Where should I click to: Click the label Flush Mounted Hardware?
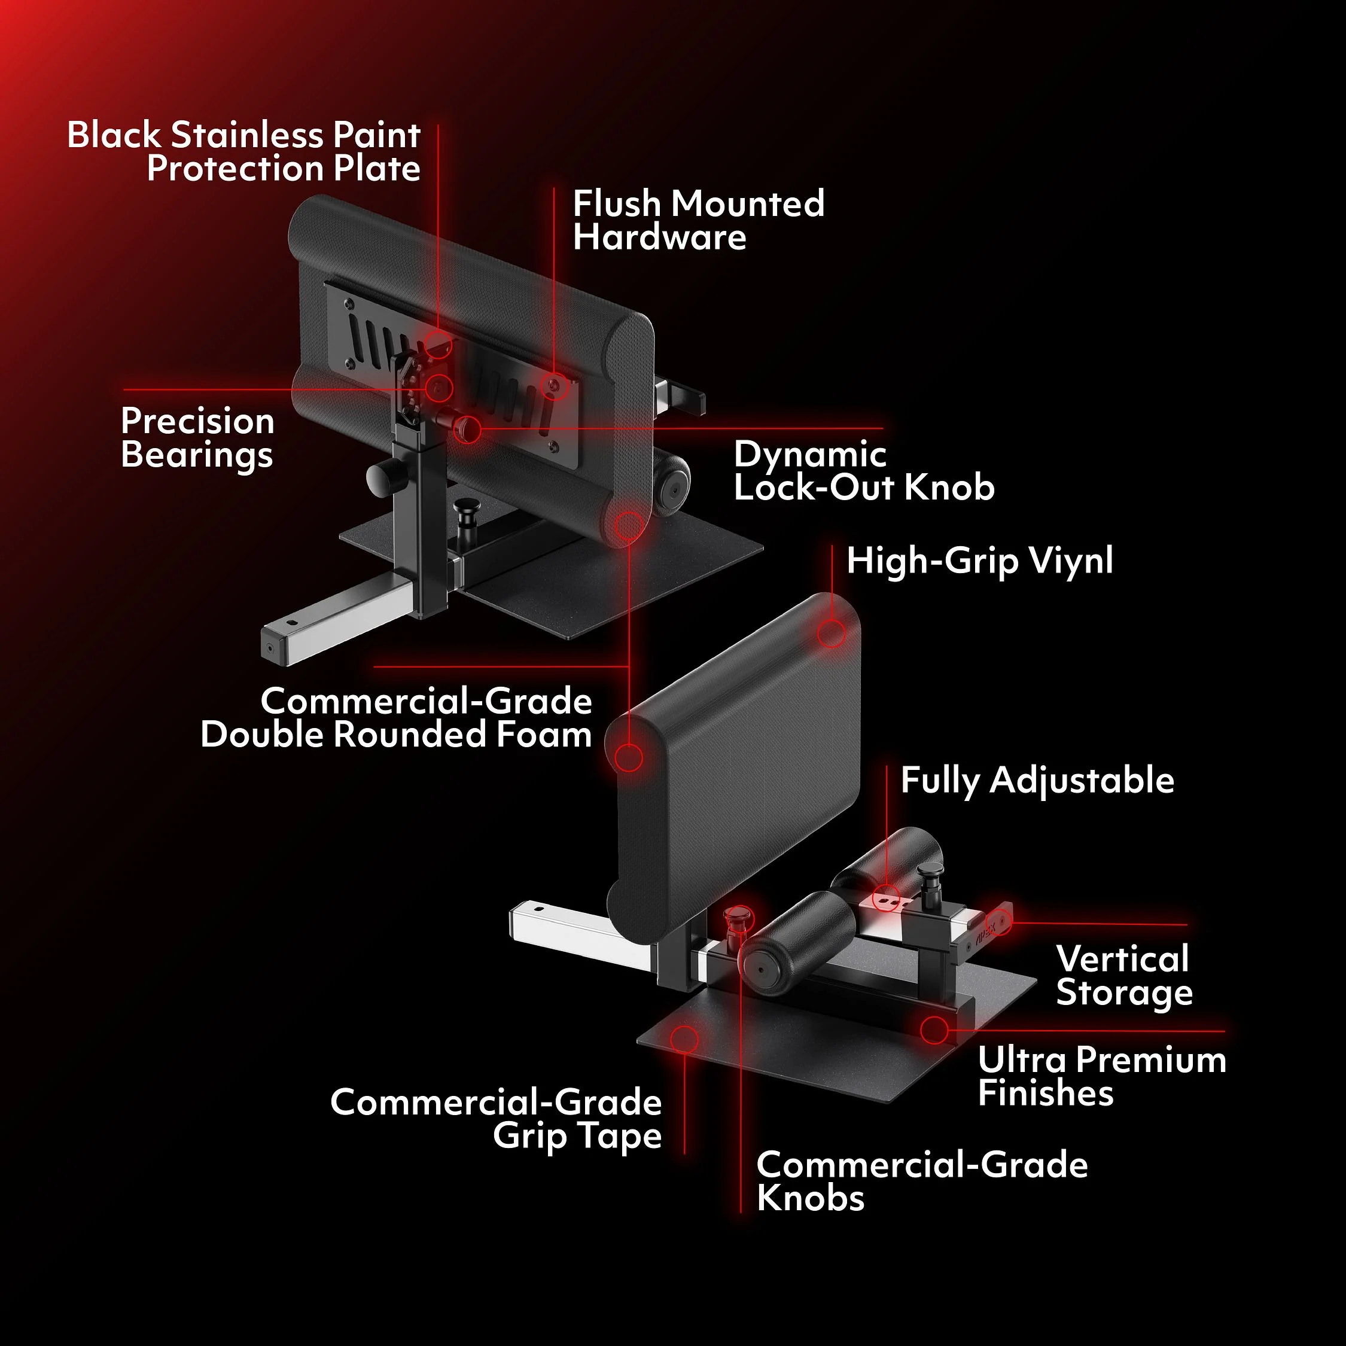(698, 220)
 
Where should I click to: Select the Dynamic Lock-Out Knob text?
(864, 471)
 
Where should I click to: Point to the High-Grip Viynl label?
(979, 561)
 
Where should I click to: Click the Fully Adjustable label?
(1037, 780)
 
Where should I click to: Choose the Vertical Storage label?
(1123, 975)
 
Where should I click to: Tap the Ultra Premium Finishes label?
(1101, 1076)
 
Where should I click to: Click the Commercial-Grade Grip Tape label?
(496, 1119)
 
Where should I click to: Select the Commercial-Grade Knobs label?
(922, 1181)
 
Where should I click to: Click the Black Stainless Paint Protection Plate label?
(244, 152)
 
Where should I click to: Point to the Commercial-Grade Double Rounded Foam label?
(395, 718)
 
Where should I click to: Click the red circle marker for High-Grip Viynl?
(831, 634)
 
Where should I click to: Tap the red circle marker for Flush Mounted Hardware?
(554, 385)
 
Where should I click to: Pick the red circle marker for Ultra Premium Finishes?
(934, 1030)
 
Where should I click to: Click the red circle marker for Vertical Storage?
(1000, 922)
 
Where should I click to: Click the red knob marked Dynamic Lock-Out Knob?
(467, 428)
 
